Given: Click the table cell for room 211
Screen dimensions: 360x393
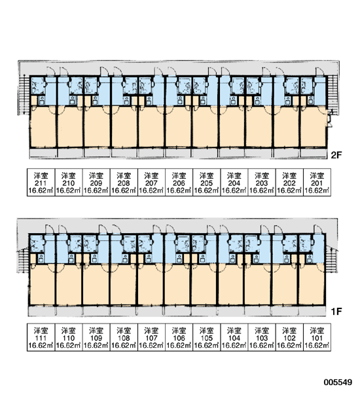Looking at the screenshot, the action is click(41, 182).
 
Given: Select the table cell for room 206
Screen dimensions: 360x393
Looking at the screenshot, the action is click(179, 182).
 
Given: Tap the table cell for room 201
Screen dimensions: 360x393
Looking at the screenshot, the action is click(317, 182).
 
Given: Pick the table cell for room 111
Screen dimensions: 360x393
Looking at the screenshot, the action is click(41, 337).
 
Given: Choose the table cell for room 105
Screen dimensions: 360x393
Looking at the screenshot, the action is click(206, 337).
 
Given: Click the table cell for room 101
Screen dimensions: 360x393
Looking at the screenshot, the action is click(317, 337).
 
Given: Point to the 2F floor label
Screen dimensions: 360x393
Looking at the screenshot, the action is click(336, 155).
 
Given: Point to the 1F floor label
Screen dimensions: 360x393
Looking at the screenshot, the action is click(336, 312).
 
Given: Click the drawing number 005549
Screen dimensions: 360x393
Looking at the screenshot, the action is click(338, 383).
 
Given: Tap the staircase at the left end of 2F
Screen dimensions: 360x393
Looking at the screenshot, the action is click(24, 95).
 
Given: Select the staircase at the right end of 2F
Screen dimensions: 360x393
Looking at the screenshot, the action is click(333, 92).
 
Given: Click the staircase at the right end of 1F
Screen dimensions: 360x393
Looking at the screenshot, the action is click(331, 260).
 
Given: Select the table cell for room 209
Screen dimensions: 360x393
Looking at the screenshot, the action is click(96, 182).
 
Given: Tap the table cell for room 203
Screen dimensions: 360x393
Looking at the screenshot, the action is click(262, 182).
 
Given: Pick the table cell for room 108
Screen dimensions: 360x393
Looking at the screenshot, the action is click(124, 337).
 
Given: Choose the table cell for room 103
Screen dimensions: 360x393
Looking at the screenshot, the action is click(262, 337).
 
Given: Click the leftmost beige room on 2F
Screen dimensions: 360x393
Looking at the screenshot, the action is click(43, 126).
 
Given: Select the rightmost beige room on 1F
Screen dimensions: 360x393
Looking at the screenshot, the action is click(312, 284).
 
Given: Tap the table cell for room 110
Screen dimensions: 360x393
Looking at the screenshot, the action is click(68, 337).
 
